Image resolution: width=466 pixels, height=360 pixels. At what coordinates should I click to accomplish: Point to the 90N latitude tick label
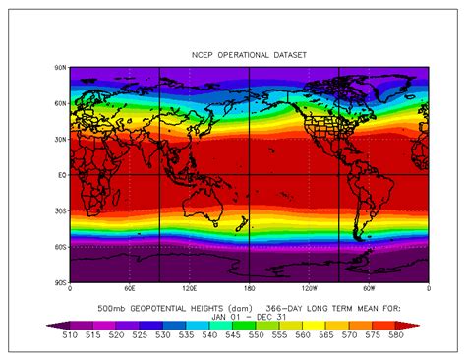click(x=60, y=67)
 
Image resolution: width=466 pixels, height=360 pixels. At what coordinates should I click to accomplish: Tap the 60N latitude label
click(x=60, y=103)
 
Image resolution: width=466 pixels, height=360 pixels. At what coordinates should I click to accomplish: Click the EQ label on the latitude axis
click(x=61, y=175)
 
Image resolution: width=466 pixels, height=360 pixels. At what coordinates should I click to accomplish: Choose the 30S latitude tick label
click(x=60, y=210)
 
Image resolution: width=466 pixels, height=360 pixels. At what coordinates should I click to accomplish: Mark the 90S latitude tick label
click(x=60, y=283)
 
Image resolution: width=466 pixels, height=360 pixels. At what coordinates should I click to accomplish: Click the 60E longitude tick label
click(x=129, y=290)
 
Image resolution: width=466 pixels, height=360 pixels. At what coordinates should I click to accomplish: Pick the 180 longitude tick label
click(x=249, y=290)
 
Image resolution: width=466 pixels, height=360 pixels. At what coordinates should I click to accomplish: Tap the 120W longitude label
click(x=309, y=290)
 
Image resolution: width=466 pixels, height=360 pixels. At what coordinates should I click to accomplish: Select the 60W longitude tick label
click(x=369, y=290)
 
